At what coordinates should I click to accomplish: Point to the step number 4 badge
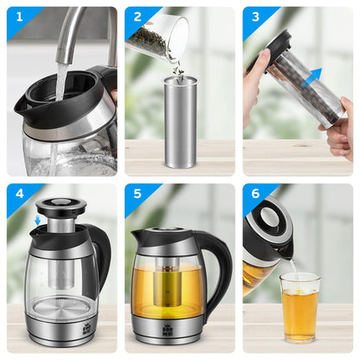point(18,196)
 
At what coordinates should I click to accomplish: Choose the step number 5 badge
point(137,196)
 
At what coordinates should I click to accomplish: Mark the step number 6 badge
point(254,196)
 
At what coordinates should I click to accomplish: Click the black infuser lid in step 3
point(275,45)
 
